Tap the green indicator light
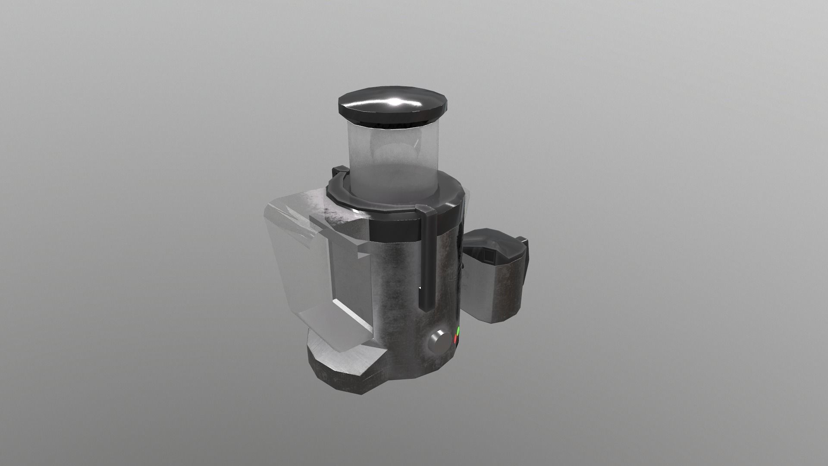tap(458, 333)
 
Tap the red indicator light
tap(455, 340)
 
